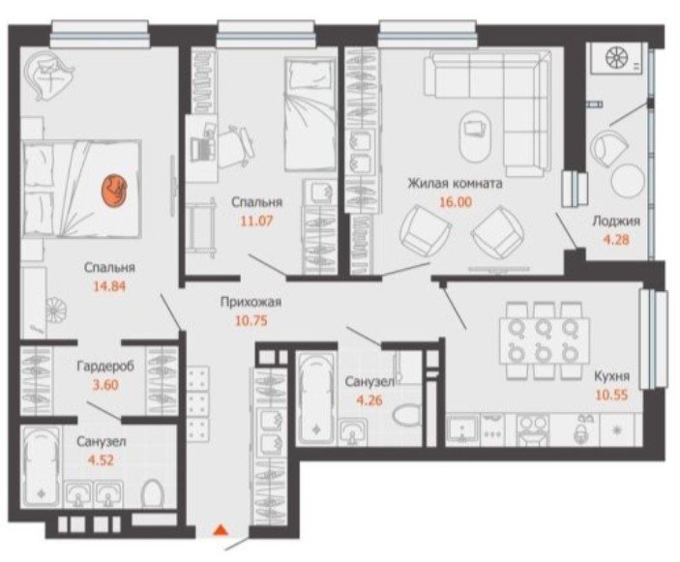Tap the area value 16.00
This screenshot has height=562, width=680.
tap(456, 202)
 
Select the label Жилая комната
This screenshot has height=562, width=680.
tap(455, 184)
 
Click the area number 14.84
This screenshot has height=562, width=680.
tap(109, 285)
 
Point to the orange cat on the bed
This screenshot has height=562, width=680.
tap(114, 189)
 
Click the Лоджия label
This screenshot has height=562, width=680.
tap(616, 222)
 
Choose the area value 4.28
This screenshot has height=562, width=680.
tap(616, 239)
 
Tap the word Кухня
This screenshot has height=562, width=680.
tap(612, 376)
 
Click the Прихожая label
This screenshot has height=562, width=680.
tap(251, 302)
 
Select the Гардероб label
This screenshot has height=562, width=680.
tap(105, 367)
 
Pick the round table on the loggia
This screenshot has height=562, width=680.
tap(628, 180)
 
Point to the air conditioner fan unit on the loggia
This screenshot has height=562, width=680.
tap(616, 58)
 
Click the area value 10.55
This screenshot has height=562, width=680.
tap(612, 395)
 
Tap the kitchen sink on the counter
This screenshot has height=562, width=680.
tap(463, 429)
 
